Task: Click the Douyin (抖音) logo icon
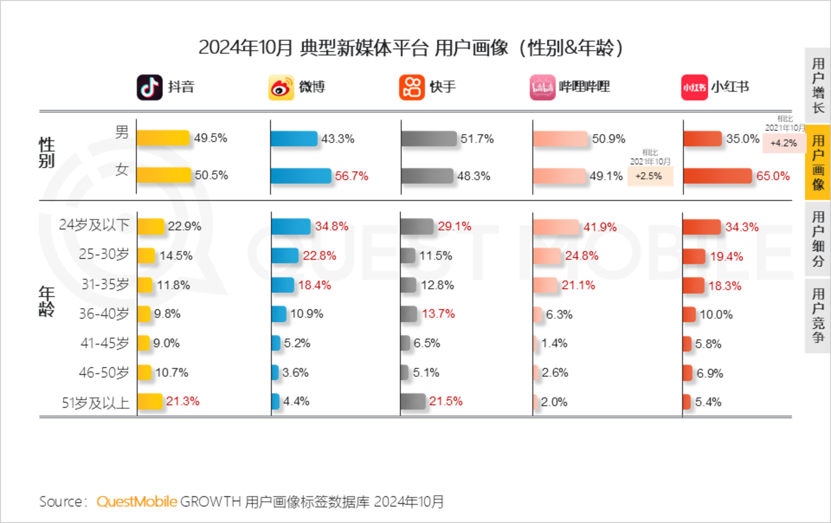click(149, 87)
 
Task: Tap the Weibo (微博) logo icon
click(281, 88)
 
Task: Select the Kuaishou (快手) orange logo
click(411, 87)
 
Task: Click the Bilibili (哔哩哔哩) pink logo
click(542, 88)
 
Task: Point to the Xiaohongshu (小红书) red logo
click(694, 88)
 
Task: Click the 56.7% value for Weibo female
click(351, 176)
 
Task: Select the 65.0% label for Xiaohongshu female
click(773, 176)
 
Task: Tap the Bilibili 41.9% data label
click(600, 227)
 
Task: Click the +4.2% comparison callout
click(783, 143)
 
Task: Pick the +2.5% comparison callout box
click(649, 176)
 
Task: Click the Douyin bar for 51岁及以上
click(150, 401)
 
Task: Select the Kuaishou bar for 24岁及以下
click(417, 226)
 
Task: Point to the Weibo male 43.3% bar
click(294, 139)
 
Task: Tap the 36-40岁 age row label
click(104, 313)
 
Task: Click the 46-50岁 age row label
click(104, 372)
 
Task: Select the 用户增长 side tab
click(818, 85)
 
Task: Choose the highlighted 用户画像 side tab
click(818, 162)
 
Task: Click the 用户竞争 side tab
click(818, 315)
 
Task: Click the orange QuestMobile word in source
click(137, 502)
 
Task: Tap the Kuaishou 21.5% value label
click(446, 401)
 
